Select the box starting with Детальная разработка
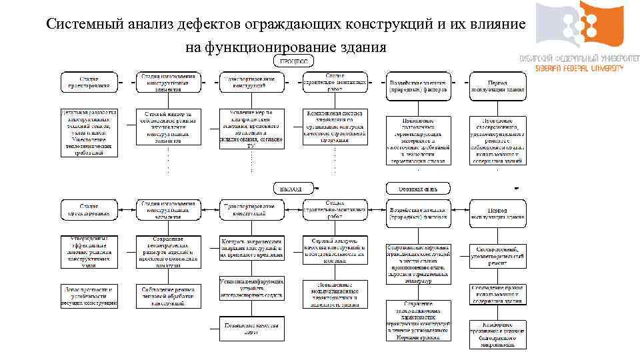click(89, 132)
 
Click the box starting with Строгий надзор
click(168, 127)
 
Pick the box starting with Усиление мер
click(251, 129)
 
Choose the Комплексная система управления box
click(335, 127)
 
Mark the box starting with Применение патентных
click(418, 140)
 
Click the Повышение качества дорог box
click(251, 327)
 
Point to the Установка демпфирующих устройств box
click(251, 287)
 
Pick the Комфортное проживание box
click(497, 335)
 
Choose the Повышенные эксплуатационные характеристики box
click(335, 294)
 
